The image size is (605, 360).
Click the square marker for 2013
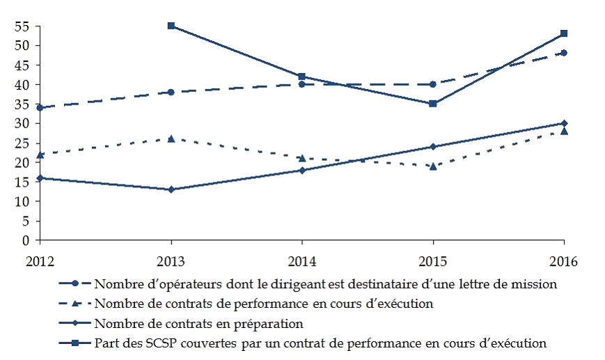171,26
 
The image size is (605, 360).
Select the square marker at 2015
433,104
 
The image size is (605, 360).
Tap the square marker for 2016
564,33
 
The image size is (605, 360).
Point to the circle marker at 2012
40,108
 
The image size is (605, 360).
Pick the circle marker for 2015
433,84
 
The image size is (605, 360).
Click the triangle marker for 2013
171,139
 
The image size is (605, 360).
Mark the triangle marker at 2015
433,166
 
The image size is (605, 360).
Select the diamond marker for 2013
171,189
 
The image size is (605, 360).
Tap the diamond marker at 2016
564,123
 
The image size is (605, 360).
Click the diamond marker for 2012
40,178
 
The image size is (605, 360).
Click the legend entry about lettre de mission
325,284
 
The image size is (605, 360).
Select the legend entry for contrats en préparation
198,323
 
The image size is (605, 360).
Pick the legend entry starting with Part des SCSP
320,343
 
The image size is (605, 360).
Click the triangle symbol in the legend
74,304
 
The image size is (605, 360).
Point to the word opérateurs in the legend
175,284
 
